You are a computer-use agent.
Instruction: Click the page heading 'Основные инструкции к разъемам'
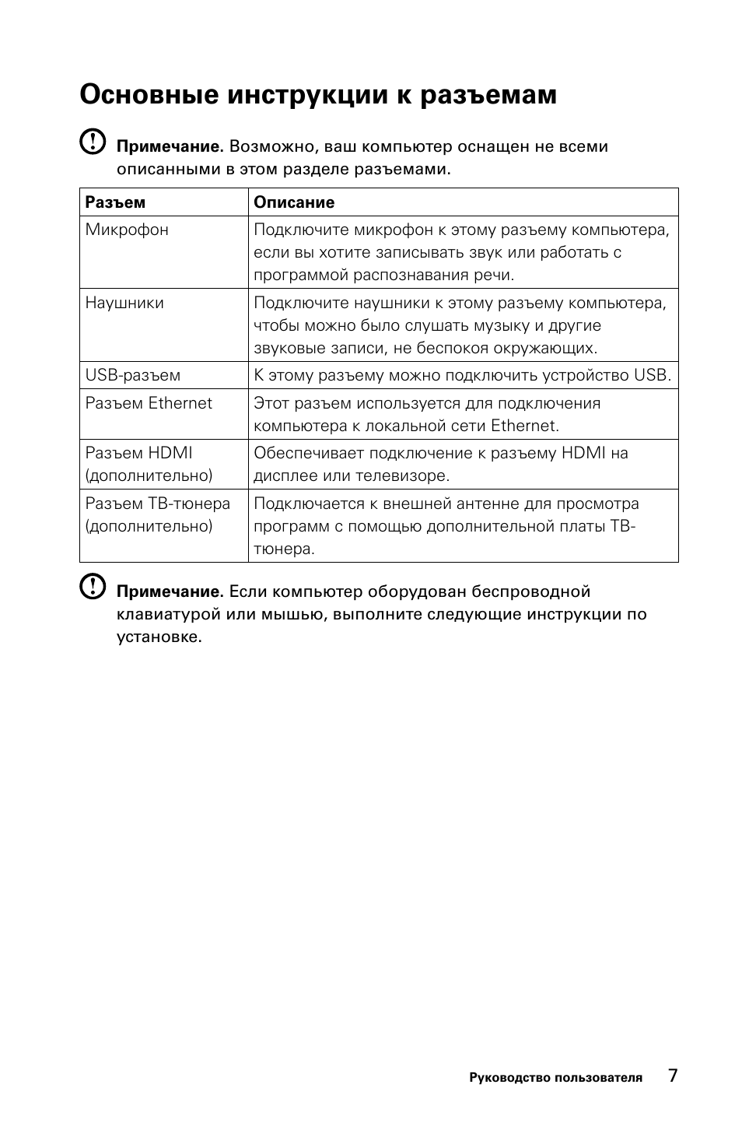318,96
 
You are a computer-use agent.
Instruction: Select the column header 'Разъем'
115,202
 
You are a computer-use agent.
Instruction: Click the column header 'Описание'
294,202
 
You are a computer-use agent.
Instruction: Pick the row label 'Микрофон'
127,230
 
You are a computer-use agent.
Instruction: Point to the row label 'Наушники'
124,303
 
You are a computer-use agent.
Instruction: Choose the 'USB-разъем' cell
133,375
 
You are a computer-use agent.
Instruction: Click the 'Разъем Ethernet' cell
149,403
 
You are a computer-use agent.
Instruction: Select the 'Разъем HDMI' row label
139,453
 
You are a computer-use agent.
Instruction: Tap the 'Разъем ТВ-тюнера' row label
158,504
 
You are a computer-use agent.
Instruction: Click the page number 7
673,1076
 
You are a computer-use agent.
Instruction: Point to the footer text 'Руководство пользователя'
555,1078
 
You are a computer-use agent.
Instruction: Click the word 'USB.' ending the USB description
652,375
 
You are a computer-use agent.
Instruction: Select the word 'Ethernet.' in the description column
525,426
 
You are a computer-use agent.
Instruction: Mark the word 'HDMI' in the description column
583,453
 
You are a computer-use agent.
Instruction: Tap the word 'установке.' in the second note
159,637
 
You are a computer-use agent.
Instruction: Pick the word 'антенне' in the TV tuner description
491,504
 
